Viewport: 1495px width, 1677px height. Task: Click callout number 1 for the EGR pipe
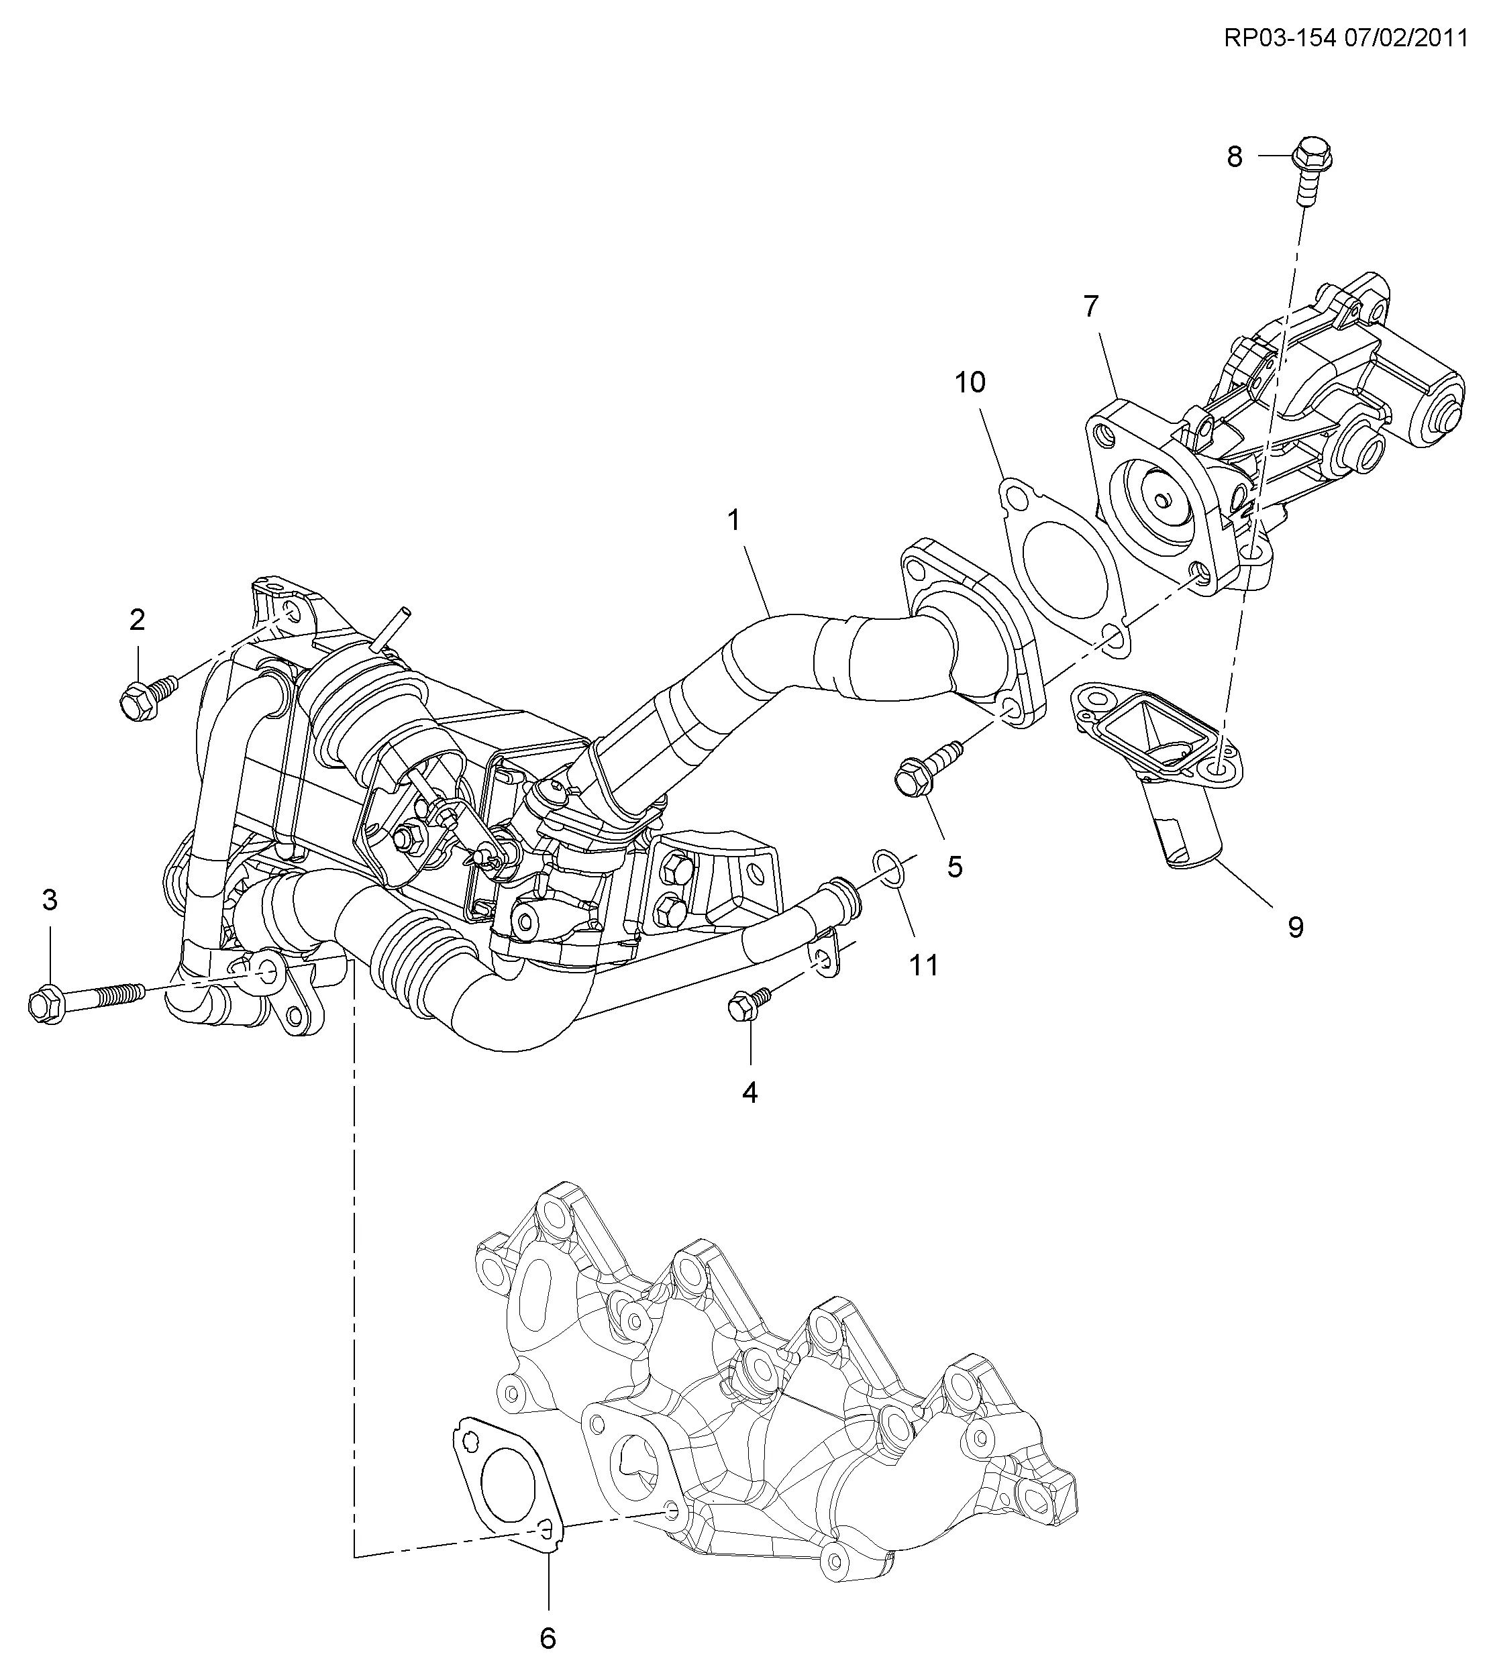pos(733,520)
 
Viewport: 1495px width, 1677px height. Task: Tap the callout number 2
pos(137,619)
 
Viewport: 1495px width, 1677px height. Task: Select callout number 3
pos(50,900)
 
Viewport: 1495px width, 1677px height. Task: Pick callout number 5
pos(954,867)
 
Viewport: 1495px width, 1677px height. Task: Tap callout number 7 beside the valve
pos(1090,307)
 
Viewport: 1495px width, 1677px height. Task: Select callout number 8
pos(1235,156)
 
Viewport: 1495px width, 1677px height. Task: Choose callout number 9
pos(1296,927)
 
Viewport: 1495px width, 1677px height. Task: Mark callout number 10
pos(970,382)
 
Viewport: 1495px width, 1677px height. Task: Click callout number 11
pos(923,964)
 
